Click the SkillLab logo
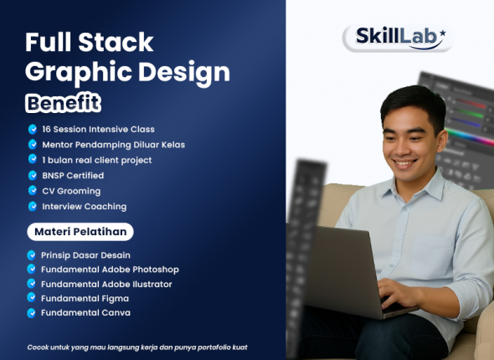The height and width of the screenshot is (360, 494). pos(397,38)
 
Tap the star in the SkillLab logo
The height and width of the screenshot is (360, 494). pos(442,33)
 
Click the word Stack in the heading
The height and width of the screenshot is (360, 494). pos(119,42)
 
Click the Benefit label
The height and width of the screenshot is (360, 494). pos(62,104)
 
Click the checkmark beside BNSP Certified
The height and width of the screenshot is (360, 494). pos(32,176)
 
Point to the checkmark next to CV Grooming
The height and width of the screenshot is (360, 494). pos(32,191)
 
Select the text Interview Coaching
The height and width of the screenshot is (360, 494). pos(84,206)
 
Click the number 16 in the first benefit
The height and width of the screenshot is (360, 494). pos(47,130)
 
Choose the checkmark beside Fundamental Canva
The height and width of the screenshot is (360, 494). pos(32,313)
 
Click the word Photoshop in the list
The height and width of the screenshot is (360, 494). pos(152,270)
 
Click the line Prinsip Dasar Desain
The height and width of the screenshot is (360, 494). pos(85,255)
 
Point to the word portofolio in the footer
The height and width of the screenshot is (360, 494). pos(202,347)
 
